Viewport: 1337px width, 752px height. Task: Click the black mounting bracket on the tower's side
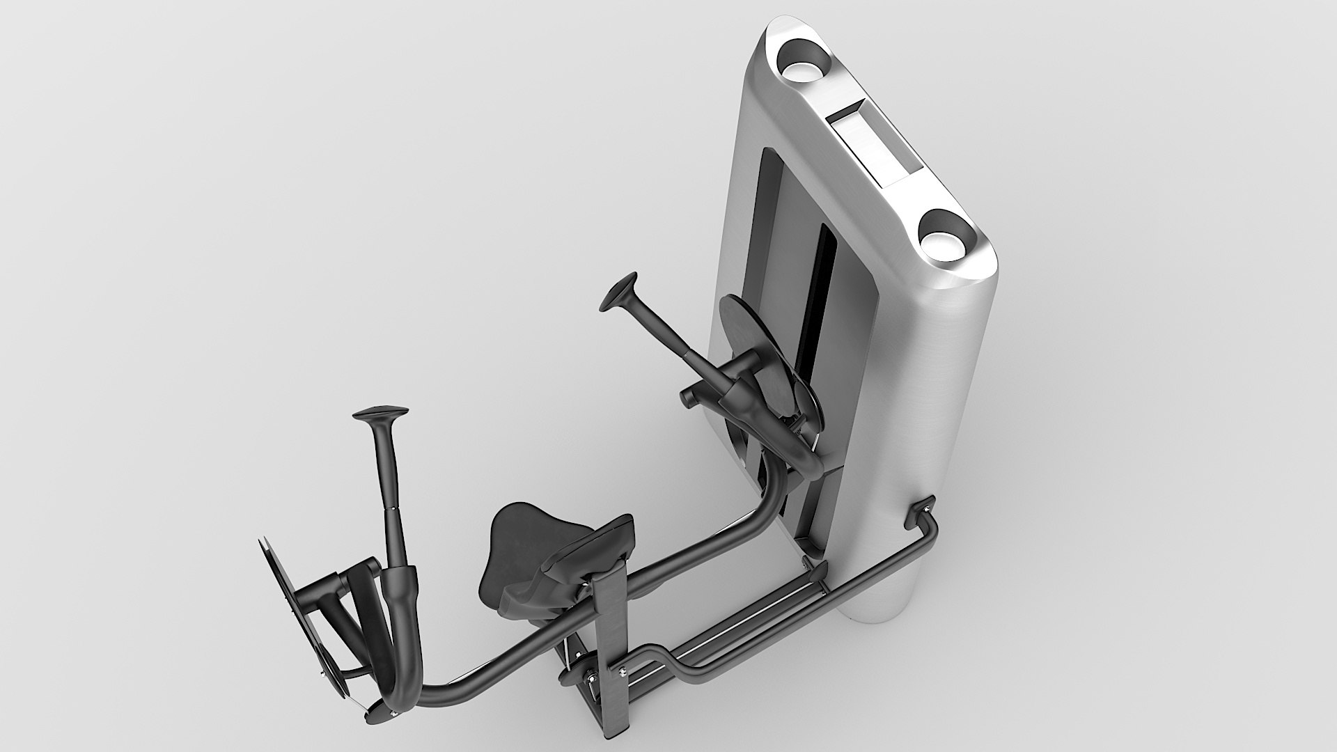click(921, 512)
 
